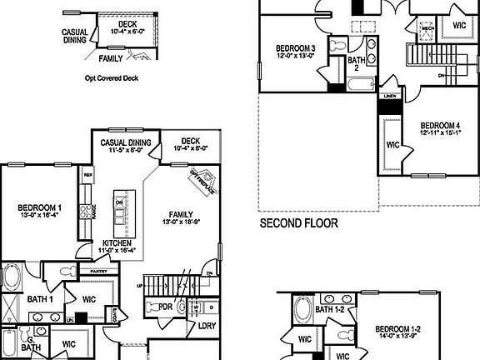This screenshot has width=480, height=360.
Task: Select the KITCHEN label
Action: point(117,245)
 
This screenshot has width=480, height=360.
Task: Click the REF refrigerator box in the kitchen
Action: point(87,176)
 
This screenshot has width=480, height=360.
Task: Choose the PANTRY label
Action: point(99,271)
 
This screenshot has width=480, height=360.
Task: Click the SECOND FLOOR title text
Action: point(298,224)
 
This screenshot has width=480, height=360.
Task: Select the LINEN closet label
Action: point(389,97)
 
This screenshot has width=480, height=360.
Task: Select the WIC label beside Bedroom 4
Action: point(393,144)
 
